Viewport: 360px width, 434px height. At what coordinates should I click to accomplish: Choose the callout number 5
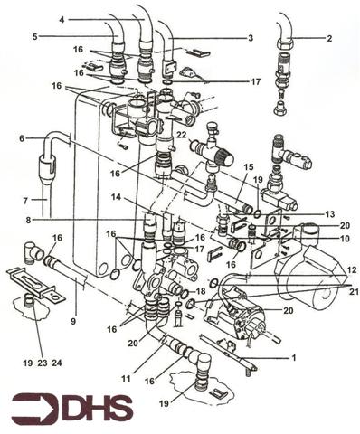coord(34,37)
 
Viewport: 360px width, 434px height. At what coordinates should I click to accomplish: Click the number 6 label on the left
coord(21,137)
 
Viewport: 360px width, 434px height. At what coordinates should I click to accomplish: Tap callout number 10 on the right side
coord(345,239)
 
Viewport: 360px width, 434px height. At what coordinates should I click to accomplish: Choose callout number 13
coord(330,213)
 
